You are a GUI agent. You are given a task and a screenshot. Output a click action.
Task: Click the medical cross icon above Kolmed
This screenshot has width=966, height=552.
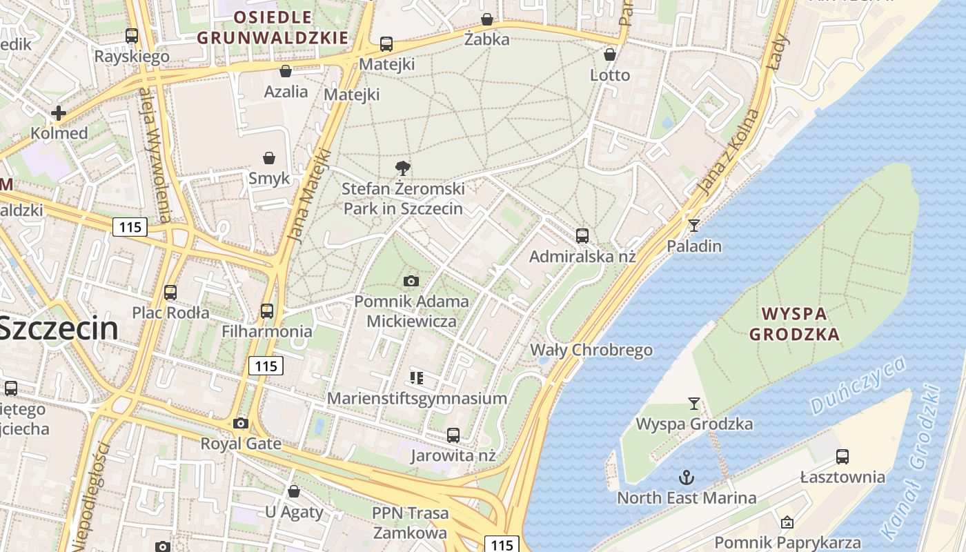coord(59,113)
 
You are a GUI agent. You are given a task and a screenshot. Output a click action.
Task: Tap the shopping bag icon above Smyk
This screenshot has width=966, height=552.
coord(269,159)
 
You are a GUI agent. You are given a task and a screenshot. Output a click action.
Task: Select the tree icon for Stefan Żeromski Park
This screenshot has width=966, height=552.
coord(403,168)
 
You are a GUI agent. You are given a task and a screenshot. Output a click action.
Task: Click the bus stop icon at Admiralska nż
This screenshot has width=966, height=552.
coord(582,236)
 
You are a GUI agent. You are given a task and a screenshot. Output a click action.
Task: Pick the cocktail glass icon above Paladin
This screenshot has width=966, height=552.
coord(693,225)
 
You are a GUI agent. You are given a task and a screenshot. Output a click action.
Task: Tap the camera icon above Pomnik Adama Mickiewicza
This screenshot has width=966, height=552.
coord(411,281)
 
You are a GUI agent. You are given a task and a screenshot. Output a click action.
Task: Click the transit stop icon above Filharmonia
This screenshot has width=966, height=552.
coord(267,311)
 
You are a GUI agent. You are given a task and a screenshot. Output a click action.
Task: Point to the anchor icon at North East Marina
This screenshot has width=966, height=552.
coord(686,477)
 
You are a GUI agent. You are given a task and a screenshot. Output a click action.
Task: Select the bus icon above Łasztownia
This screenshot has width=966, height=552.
coord(842,456)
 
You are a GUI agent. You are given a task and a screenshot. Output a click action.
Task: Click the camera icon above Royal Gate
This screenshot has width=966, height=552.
coord(240,423)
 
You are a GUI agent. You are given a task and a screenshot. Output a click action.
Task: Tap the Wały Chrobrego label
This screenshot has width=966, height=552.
coord(591,350)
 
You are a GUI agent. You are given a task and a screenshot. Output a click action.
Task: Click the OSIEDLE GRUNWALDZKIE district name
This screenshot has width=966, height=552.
coord(273,28)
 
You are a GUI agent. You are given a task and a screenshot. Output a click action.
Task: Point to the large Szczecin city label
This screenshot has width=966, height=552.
coord(59,328)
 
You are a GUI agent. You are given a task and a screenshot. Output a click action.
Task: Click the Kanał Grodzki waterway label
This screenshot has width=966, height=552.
coord(911,462)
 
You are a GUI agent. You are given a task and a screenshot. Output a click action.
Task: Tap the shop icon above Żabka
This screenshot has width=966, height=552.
coord(487,19)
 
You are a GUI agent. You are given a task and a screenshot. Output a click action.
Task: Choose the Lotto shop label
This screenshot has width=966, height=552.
coord(610,75)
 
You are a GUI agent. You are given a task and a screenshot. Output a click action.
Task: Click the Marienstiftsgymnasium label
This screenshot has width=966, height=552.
coord(417,398)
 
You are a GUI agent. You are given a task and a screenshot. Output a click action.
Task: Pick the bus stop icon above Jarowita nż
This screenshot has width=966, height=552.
coord(453,435)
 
